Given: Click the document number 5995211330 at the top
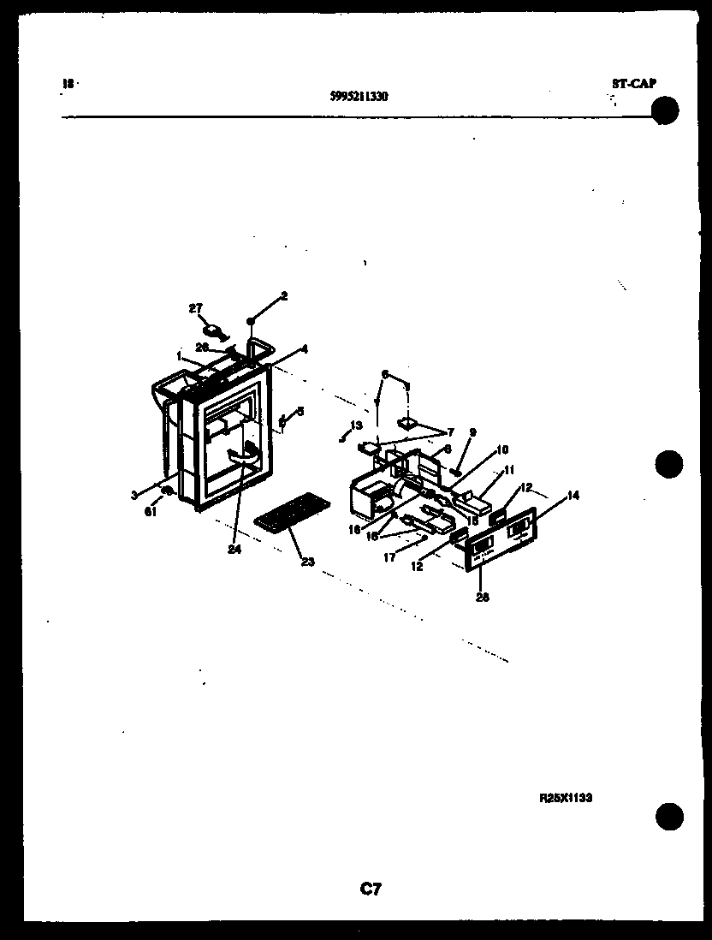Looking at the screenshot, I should [x=359, y=97].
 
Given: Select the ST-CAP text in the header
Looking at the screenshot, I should [x=633, y=84].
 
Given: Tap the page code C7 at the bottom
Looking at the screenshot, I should [x=371, y=889].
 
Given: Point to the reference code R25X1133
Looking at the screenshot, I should [x=566, y=797].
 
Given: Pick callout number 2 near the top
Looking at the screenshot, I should [x=284, y=296].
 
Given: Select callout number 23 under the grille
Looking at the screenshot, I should [x=307, y=562].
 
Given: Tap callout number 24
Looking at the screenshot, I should [x=234, y=550].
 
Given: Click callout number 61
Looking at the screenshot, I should [x=151, y=512].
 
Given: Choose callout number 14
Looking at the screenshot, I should [x=573, y=495].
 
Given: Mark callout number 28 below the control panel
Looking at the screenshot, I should [x=482, y=598].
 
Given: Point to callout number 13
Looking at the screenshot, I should [x=357, y=425].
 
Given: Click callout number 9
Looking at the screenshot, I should [x=472, y=432].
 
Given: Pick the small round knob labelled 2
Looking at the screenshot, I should [x=251, y=319].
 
